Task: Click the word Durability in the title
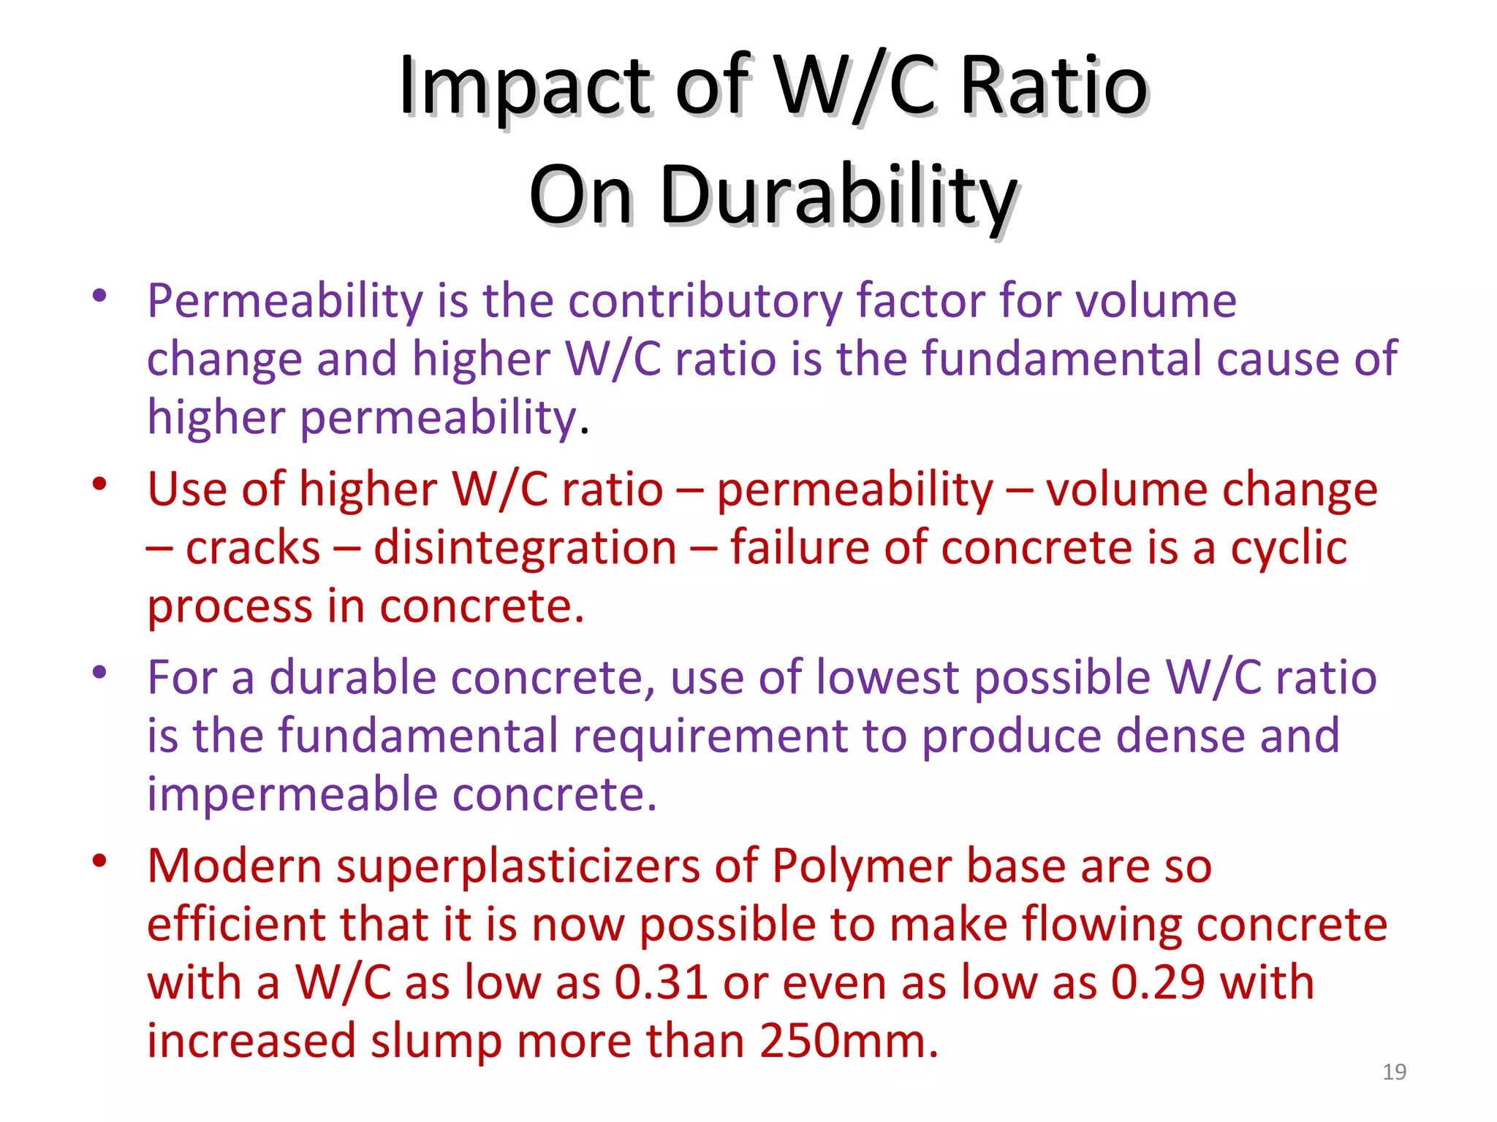[x=838, y=196]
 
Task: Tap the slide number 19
[x=1394, y=1072]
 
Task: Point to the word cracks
[x=253, y=548]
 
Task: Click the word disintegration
[x=525, y=548]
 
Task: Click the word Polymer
[x=861, y=866]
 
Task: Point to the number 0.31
[x=661, y=982]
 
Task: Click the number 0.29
[x=1158, y=982]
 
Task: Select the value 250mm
[x=848, y=1041]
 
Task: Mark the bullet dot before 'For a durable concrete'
[x=100, y=672]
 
